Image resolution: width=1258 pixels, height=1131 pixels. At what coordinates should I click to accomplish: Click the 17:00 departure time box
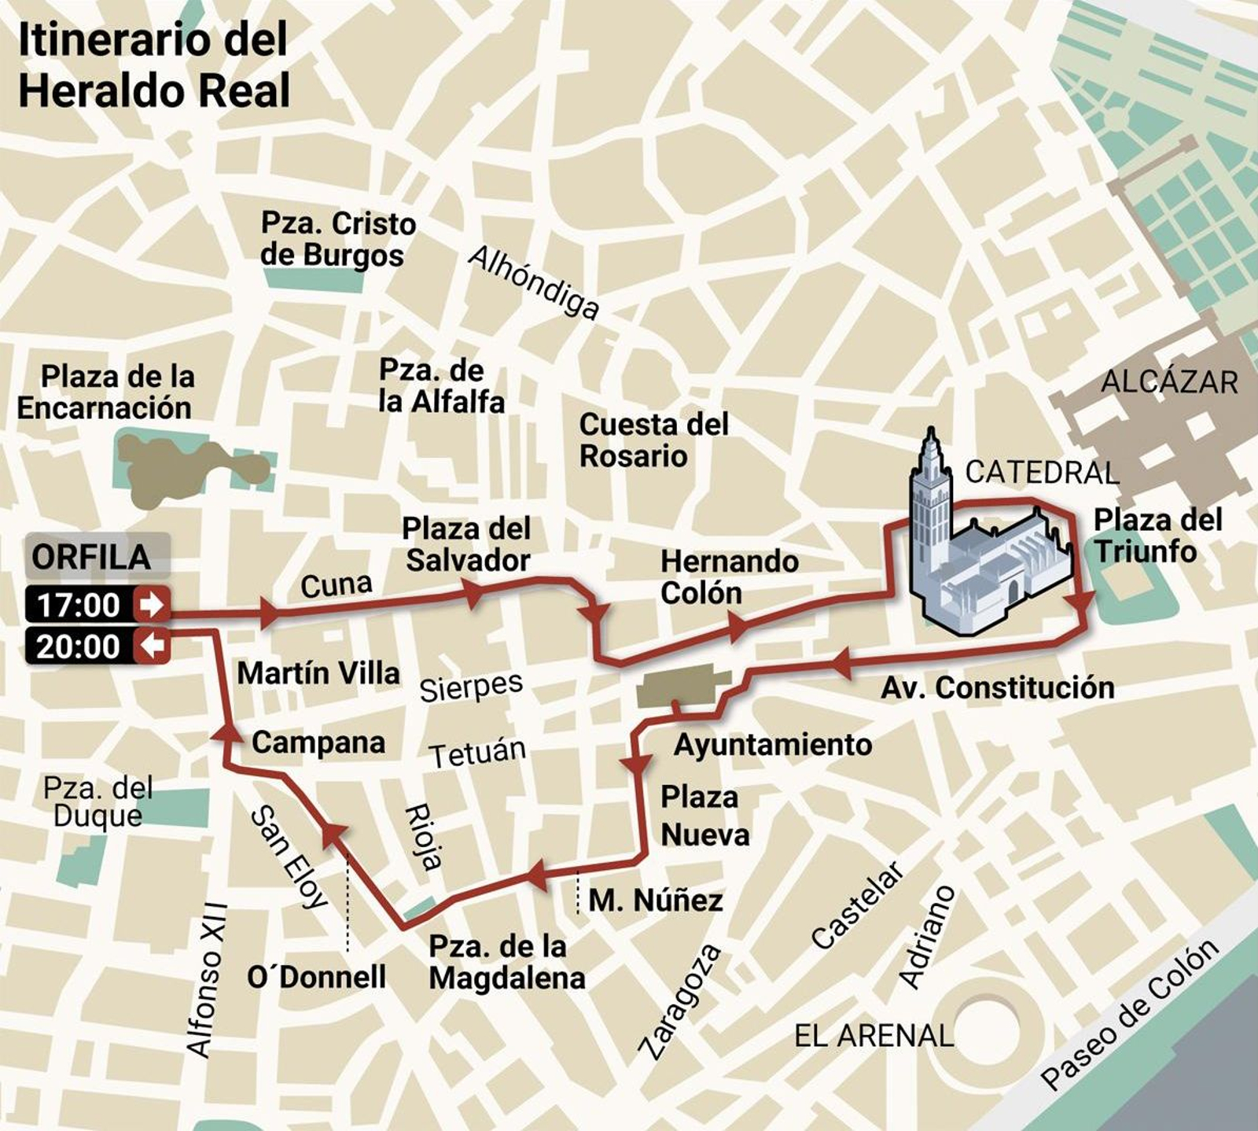96,605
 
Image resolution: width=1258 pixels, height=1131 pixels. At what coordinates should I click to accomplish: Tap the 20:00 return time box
96,647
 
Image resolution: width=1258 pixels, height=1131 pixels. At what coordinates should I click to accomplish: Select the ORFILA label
91,558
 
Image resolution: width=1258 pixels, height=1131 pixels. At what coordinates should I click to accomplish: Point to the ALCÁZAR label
1169,382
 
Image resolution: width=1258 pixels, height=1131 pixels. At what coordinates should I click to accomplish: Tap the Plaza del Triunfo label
1157,536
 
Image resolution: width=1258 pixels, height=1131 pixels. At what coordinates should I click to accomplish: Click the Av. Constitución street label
997,687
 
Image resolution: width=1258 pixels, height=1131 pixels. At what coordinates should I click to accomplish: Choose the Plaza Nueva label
704,816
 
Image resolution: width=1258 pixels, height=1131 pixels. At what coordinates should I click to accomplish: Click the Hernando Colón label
729,577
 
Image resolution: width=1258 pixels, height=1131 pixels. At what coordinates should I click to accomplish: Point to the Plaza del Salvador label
467,544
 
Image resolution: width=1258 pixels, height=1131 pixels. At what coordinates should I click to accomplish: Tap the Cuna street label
337,584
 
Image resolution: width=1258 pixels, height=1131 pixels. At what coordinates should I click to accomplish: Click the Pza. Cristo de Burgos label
338,239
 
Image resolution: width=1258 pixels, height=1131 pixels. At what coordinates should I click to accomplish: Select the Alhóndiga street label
534,282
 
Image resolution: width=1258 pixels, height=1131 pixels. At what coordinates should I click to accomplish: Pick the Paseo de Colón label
1129,1014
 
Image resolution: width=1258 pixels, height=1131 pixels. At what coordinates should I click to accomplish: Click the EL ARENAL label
874,1036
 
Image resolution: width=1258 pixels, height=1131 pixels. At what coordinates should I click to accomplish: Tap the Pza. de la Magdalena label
506,962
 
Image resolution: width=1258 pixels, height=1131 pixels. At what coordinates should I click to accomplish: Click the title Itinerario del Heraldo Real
154,65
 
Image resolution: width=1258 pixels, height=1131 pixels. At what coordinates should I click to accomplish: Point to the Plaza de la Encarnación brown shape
189,468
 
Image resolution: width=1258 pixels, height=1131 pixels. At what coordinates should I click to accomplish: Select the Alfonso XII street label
207,979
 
